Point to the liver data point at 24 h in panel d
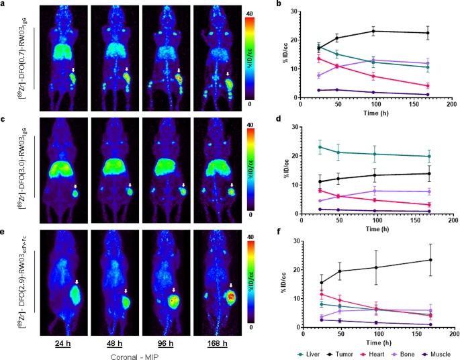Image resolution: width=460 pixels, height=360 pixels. point(301,147)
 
